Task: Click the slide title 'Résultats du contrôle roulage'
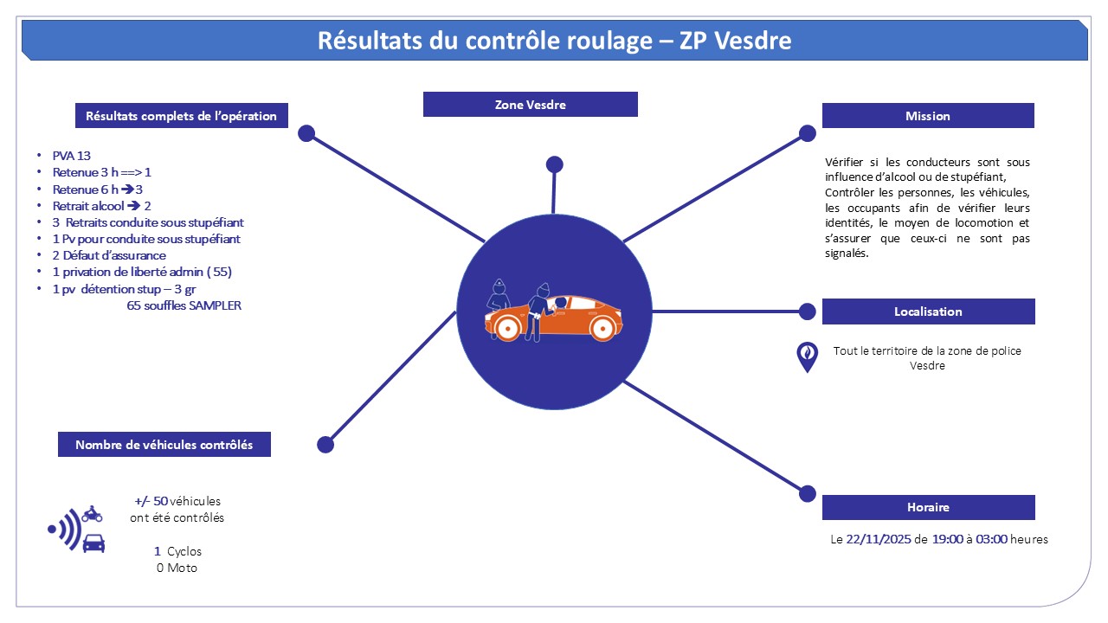pos(554,40)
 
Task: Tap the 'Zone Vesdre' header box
pos(530,105)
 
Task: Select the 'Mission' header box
pos(927,116)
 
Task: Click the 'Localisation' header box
pos(928,311)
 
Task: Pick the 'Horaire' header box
pos(928,507)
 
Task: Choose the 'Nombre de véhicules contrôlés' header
pos(164,445)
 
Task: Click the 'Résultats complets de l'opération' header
pos(181,116)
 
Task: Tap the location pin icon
pos(807,356)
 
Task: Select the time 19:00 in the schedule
pos(948,539)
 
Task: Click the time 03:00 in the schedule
pos(991,539)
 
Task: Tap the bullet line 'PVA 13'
pos(71,156)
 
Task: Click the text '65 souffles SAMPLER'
pos(184,305)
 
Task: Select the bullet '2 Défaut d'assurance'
pos(108,255)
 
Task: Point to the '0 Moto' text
pos(177,568)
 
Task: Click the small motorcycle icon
pos(92,514)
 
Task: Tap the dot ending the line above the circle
pos(555,164)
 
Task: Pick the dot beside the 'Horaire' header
pos(807,493)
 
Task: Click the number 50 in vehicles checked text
pos(160,501)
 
